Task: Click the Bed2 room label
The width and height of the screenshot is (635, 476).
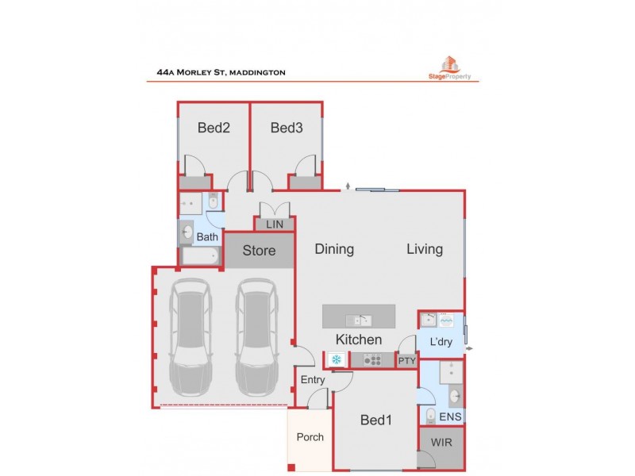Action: (x=214, y=128)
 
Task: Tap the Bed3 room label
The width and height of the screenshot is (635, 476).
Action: (x=286, y=128)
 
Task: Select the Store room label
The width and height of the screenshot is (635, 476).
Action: (x=259, y=251)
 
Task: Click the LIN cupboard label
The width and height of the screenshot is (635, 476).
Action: (x=275, y=225)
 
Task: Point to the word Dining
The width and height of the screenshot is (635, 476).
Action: (x=334, y=249)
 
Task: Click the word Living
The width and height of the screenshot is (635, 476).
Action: (x=425, y=249)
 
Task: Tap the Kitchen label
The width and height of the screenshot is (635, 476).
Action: (x=359, y=340)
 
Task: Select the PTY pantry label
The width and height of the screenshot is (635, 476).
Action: (x=406, y=361)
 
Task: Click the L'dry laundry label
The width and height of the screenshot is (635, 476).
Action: (x=441, y=343)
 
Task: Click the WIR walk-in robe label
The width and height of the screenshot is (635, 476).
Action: (x=441, y=443)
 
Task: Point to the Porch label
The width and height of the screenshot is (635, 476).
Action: (x=310, y=437)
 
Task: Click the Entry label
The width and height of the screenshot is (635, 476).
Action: (x=313, y=380)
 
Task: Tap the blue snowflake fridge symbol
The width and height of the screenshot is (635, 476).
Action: (x=336, y=360)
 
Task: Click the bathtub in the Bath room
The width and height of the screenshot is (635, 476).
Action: (x=201, y=256)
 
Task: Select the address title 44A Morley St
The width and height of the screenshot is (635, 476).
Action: (x=221, y=73)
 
